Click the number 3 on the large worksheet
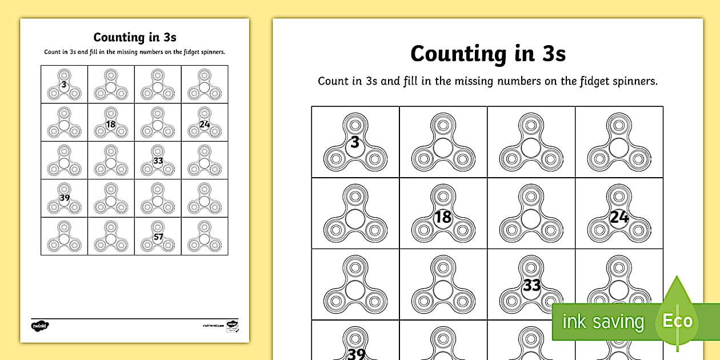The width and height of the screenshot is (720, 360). click(355, 142)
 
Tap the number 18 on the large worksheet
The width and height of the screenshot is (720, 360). click(443, 217)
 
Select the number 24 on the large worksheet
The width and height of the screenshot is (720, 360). click(619, 217)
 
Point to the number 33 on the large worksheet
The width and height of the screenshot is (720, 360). click(531, 285)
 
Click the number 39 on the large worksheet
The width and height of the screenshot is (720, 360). click(356, 354)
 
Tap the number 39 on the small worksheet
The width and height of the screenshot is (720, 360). click(64, 198)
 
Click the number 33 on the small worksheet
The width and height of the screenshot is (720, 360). click(158, 161)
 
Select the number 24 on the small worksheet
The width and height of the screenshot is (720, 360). click(205, 123)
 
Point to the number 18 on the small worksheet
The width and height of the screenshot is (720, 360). click(111, 123)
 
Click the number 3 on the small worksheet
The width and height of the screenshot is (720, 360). click(63, 85)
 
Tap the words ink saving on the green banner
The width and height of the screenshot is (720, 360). click(602, 322)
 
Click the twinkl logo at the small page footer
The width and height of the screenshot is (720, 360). click(40, 326)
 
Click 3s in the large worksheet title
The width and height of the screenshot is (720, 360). click(548, 54)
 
